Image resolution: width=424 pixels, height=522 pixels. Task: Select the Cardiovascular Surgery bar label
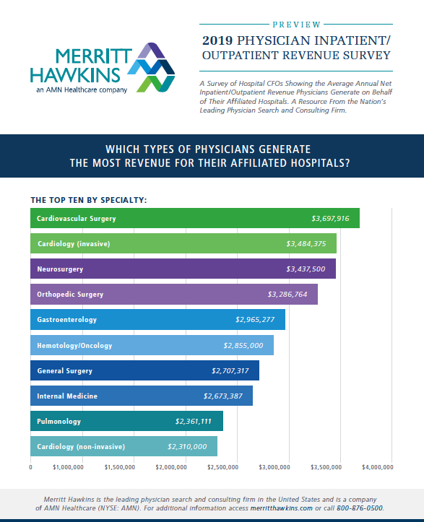click(x=76, y=218)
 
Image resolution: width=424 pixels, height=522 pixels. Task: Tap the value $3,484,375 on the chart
click(x=306, y=244)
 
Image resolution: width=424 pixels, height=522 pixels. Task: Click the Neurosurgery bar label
click(x=60, y=269)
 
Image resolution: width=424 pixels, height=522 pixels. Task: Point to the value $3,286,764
click(x=287, y=295)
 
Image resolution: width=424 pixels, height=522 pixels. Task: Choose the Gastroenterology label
click(x=66, y=319)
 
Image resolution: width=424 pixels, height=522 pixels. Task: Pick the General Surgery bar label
click(x=64, y=371)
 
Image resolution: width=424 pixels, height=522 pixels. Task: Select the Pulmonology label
click(x=59, y=421)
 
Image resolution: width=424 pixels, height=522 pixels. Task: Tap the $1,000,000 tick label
click(x=68, y=468)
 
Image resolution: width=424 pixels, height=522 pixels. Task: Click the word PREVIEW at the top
click(x=298, y=23)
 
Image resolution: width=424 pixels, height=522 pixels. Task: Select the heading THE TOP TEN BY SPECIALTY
click(x=89, y=199)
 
